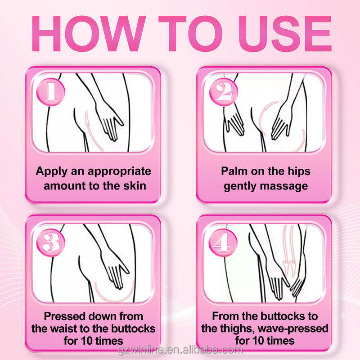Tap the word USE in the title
tap(285, 34)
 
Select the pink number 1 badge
tap(51, 92)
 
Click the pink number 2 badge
tap(223, 92)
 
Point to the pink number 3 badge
tap(51, 243)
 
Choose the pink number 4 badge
tap(223, 243)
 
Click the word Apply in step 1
tap(52, 172)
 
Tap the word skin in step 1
tap(135, 185)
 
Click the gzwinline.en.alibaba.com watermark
tap(180, 350)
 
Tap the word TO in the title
tap(190, 34)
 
